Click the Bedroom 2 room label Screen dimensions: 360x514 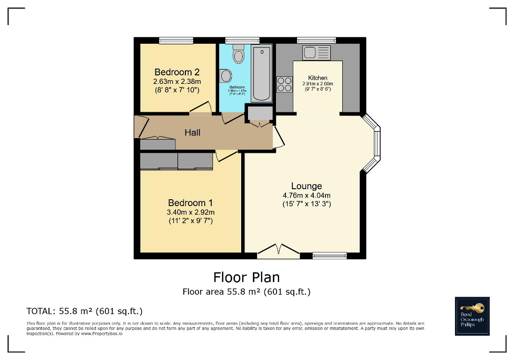click(x=177, y=72)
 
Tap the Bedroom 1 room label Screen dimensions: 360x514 click(x=190, y=203)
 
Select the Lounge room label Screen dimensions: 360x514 click(x=307, y=186)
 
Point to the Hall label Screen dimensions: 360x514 click(x=192, y=133)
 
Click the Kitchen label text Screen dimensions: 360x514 click(x=318, y=77)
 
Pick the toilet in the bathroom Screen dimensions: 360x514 click(x=239, y=54)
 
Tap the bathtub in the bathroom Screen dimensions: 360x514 click(x=262, y=74)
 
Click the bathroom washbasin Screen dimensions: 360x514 click(x=226, y=76)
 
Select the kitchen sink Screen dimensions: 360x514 click(x=317, y=53)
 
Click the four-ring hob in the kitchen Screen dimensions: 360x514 click(x=285, y=84)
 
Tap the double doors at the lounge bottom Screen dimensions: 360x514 click(x=279, y=251)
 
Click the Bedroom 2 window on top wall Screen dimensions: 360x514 click(x=176, y=40)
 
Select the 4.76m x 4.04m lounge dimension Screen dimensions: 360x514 click(x=307, y=196)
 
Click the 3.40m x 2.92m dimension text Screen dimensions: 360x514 click(x=190, y=212)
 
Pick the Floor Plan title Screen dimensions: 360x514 click(x=246, y=277)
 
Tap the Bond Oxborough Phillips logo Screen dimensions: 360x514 click(x=472, y=316)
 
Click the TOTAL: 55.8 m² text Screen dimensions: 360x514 click(x=84, y=311)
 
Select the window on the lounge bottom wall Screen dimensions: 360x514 click(x=330, y=256)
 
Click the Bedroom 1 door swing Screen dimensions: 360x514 click(x=226, y=155)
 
